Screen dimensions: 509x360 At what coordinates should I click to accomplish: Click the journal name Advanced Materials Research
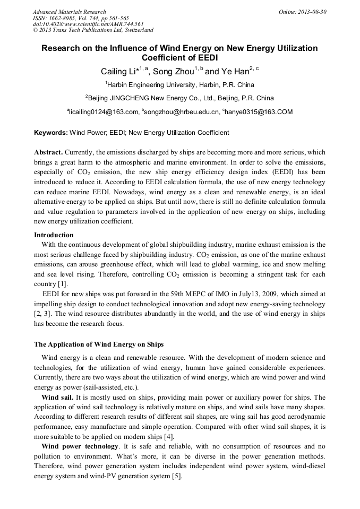pos(69,12)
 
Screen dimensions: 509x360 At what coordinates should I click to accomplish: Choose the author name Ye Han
pos(235,72)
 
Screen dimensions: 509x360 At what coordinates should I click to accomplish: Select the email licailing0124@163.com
pos(104,112)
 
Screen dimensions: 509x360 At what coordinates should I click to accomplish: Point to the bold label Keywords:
pos(51,132)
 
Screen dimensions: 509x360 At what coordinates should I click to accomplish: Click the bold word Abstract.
pos(49,152)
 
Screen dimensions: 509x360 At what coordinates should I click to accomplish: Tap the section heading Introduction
pos(54,235)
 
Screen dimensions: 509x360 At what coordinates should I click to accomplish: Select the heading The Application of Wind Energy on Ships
pos(99,344)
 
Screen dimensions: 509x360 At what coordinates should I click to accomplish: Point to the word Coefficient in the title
pos(164,58)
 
